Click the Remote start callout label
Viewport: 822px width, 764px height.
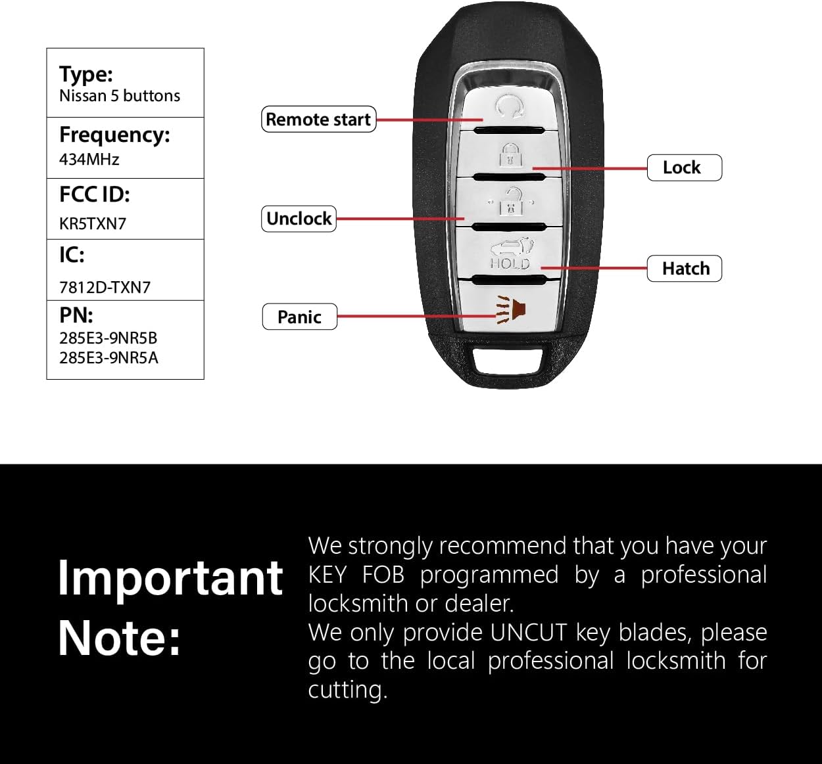pos(319,120)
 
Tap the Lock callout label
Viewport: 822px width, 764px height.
pos(684,168)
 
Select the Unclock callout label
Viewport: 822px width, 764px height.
pos(299,219)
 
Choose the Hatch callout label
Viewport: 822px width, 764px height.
pos(685,269)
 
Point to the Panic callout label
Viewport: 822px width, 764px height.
pos(299,317)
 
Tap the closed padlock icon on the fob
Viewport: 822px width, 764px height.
pos(510,156)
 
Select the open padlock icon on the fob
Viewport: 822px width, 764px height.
pos(511,202)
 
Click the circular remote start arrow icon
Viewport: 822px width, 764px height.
pos(508,105)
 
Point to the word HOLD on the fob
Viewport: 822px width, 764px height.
pos(510,263)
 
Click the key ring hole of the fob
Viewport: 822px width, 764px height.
pos(507,360)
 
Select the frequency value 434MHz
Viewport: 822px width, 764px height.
pos(89,159)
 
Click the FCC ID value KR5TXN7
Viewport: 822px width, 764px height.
pos(93,223)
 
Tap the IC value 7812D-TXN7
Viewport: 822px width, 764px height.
pos(105,287)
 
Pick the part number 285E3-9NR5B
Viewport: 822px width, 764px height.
pos(109,338)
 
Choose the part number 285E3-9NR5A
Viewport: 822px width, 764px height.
pos(109,358)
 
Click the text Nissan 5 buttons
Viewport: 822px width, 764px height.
pos(120,96)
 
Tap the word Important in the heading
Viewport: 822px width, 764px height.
pos(170,578)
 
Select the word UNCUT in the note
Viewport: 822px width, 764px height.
pos(529,633)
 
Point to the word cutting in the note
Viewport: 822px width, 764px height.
pos(347,690)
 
